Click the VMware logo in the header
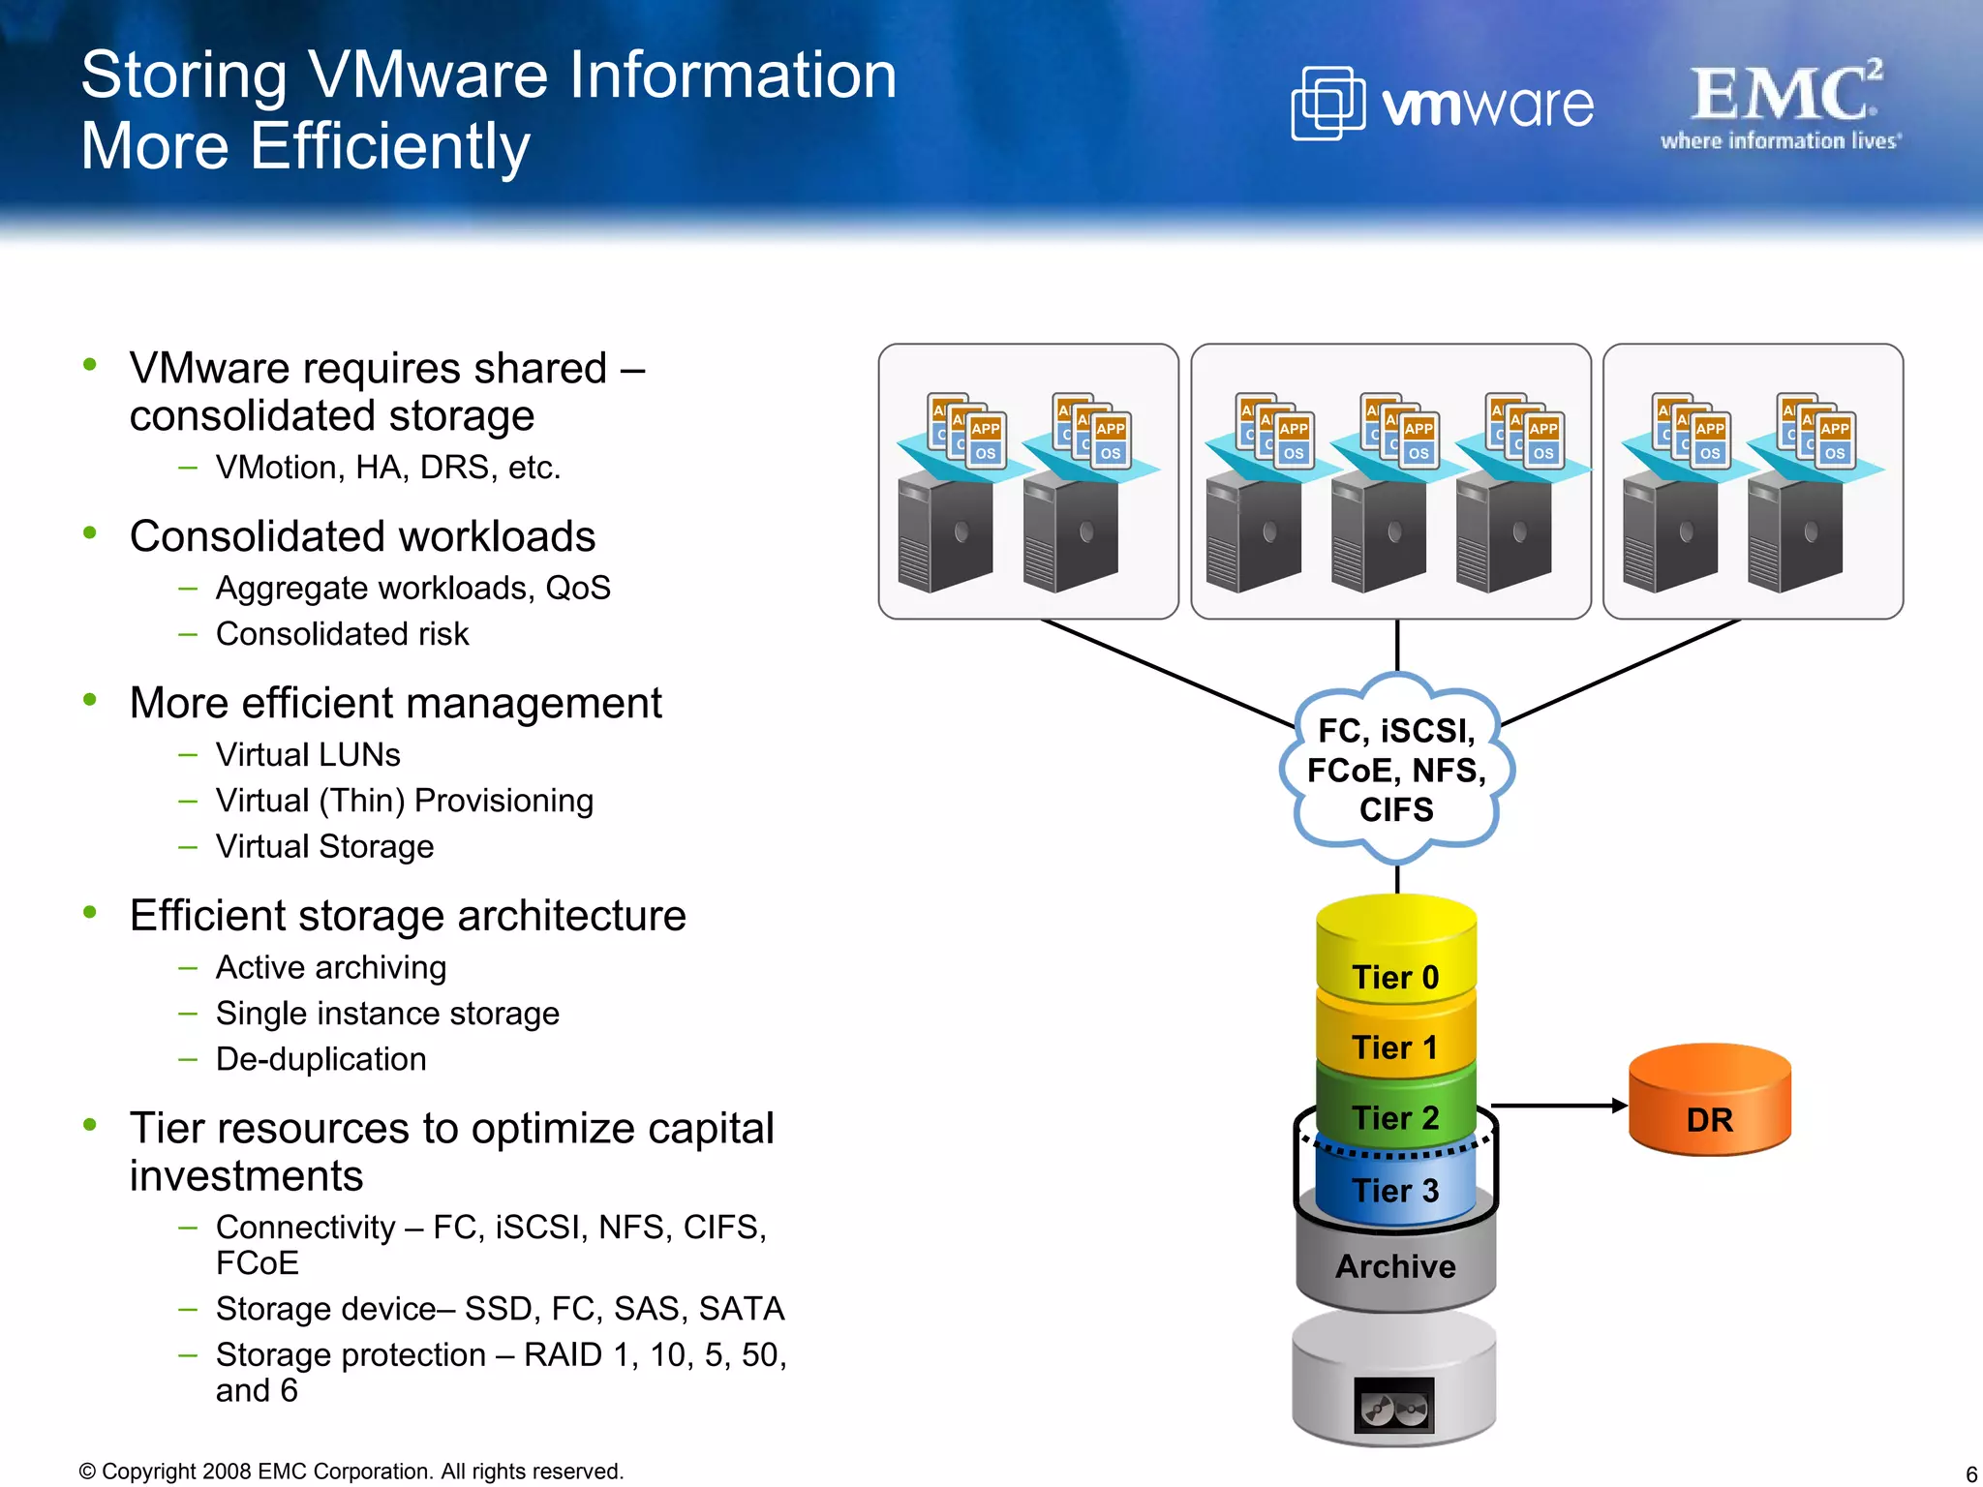pyautogui.click(x=1442, y=104)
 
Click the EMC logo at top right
pyautogui.click(x=1782, y=105)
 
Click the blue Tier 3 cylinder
pyautogui.click(x=1395, y=1189)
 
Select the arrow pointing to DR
pyautogui.click(x=1559, y=1105)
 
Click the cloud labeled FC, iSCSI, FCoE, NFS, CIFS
pyautogui.click(x=1395, y=770)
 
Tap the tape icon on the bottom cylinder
pyautogui.click(x=1393, y=1405)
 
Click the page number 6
pyautogui.click(x=1970, y=1473)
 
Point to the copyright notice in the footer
pyautogui.click(x=351, y=1472)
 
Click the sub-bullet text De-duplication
pyautogui.click(x=320, y=1059)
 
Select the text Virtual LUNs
pyautogui.click(x=308, y=754)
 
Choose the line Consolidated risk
pyautogui.click(x=342, y=634)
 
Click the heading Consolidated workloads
pyautogui.click(x=362, y=536)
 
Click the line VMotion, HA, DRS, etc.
pyautogui.click(x=387, y=468)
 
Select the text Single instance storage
pyautogui.click(x=387, y=1014)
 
